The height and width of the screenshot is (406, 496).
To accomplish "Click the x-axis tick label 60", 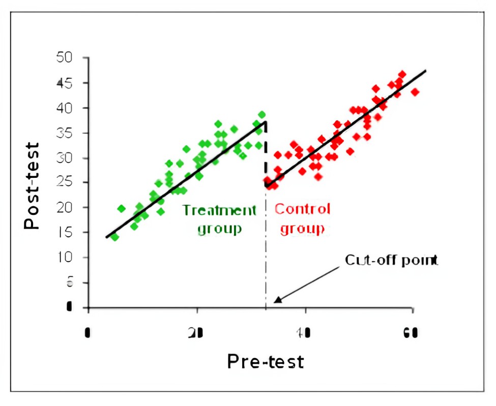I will [x=412, y=334].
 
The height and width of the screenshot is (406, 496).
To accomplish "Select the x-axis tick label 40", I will [x=304, y=334].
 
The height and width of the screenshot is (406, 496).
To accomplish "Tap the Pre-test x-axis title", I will [x=265, y=361].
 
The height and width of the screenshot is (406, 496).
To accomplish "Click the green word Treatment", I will [x=219, y=210].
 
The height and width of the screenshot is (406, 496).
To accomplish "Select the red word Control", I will [x=303, y=209].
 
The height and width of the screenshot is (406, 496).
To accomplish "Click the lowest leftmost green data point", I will [x=114, y=237].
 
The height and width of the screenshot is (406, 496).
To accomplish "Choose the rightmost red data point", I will [x=415, y=92].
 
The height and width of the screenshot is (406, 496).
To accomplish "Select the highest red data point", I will [x=402, y=74].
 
